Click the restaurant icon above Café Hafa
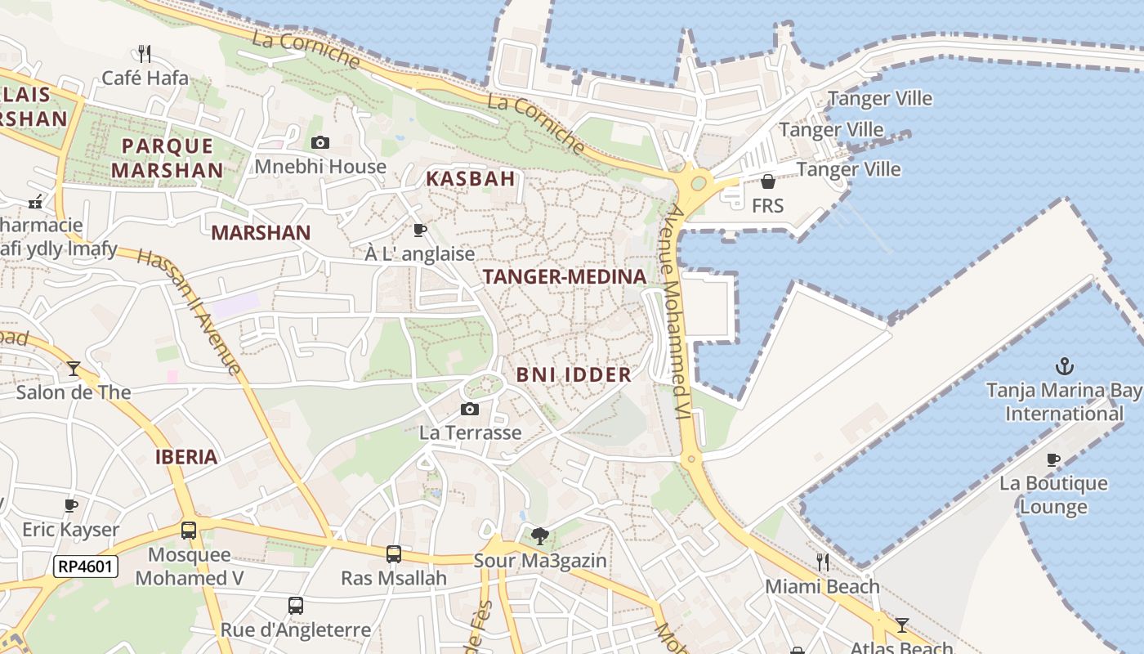click(145, 54)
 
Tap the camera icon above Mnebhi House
click(320, 142)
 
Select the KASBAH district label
click(471, 179)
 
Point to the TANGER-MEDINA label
click(565, 277)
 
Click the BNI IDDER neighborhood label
click(574, 375)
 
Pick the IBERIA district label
click(186, 457)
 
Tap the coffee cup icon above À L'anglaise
click(420, 230)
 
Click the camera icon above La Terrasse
click(470, 409)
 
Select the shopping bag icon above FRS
click(767, 181)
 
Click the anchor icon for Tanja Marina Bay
click(1064, 365)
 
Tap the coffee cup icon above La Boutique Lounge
click(1053, 459)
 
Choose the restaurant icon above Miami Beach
click(822, 562)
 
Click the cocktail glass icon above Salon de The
click(74, 369)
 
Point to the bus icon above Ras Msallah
click(394, 554)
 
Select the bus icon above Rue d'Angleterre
click(296, 606)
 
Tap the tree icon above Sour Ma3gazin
click(539, 536)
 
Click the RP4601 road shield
click(86, 567)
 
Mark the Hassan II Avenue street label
click(190, 312)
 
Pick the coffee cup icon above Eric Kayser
click(71, 505)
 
